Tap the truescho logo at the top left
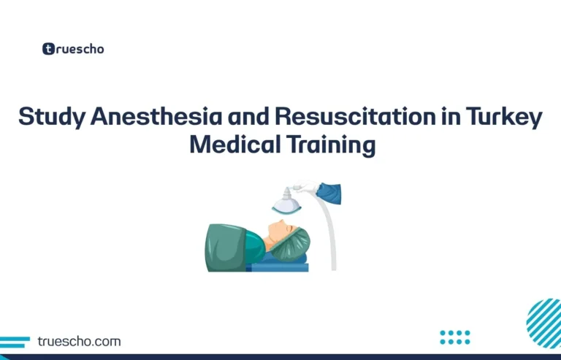point(72,49)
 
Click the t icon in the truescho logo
point(49,49)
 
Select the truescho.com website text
point(81,341)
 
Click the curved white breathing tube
point(329,234)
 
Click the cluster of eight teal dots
point(455,337)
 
